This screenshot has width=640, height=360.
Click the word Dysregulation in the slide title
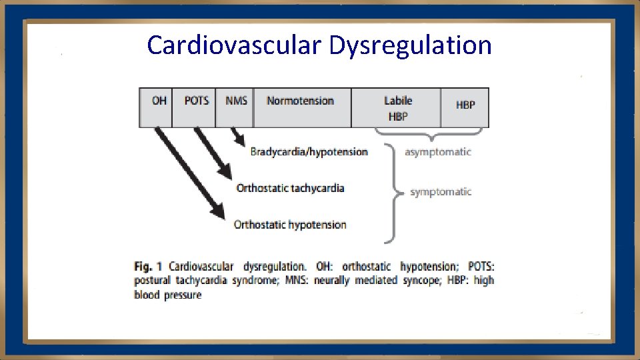point(409,45)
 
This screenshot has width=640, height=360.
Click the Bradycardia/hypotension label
point(309,152)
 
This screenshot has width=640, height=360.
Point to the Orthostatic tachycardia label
point(290,188)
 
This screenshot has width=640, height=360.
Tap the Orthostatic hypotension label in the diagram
point(290,225)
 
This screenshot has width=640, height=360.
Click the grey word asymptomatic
point(437,152)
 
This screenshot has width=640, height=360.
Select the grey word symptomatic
point(441,192)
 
